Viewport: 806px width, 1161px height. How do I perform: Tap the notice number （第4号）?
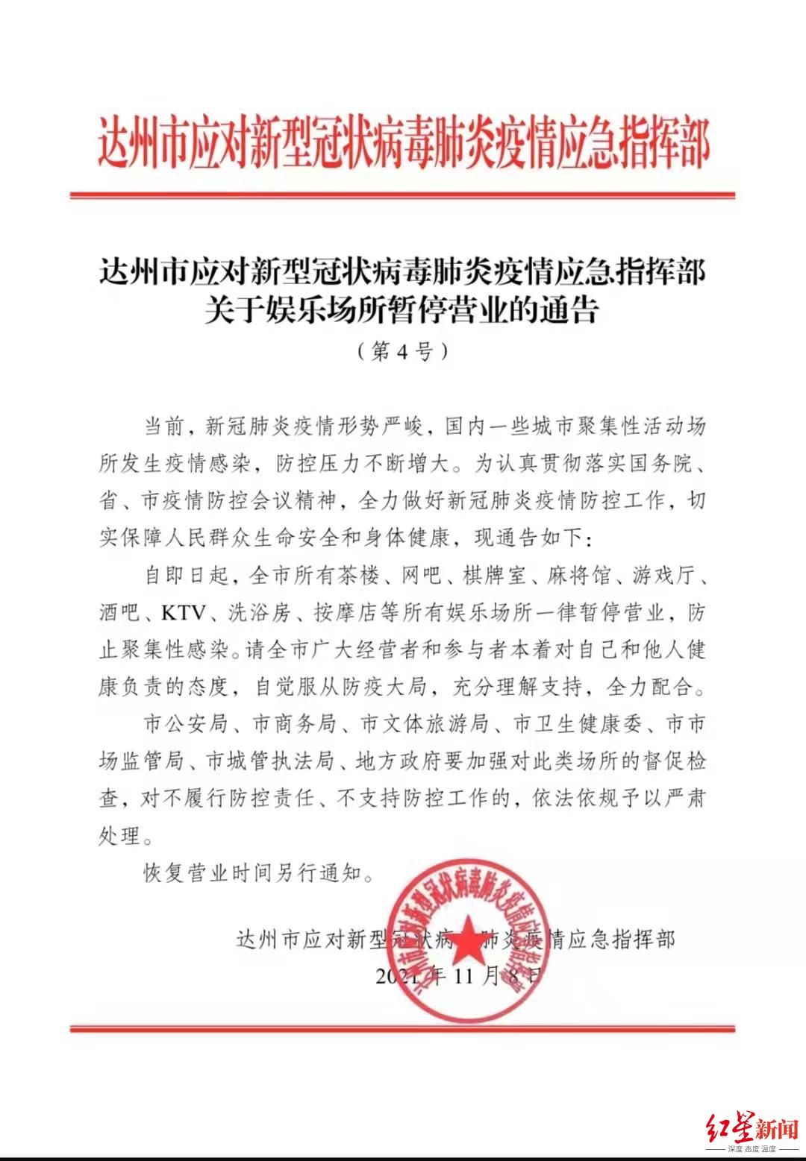pyautogui.click(x=403, y=351)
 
